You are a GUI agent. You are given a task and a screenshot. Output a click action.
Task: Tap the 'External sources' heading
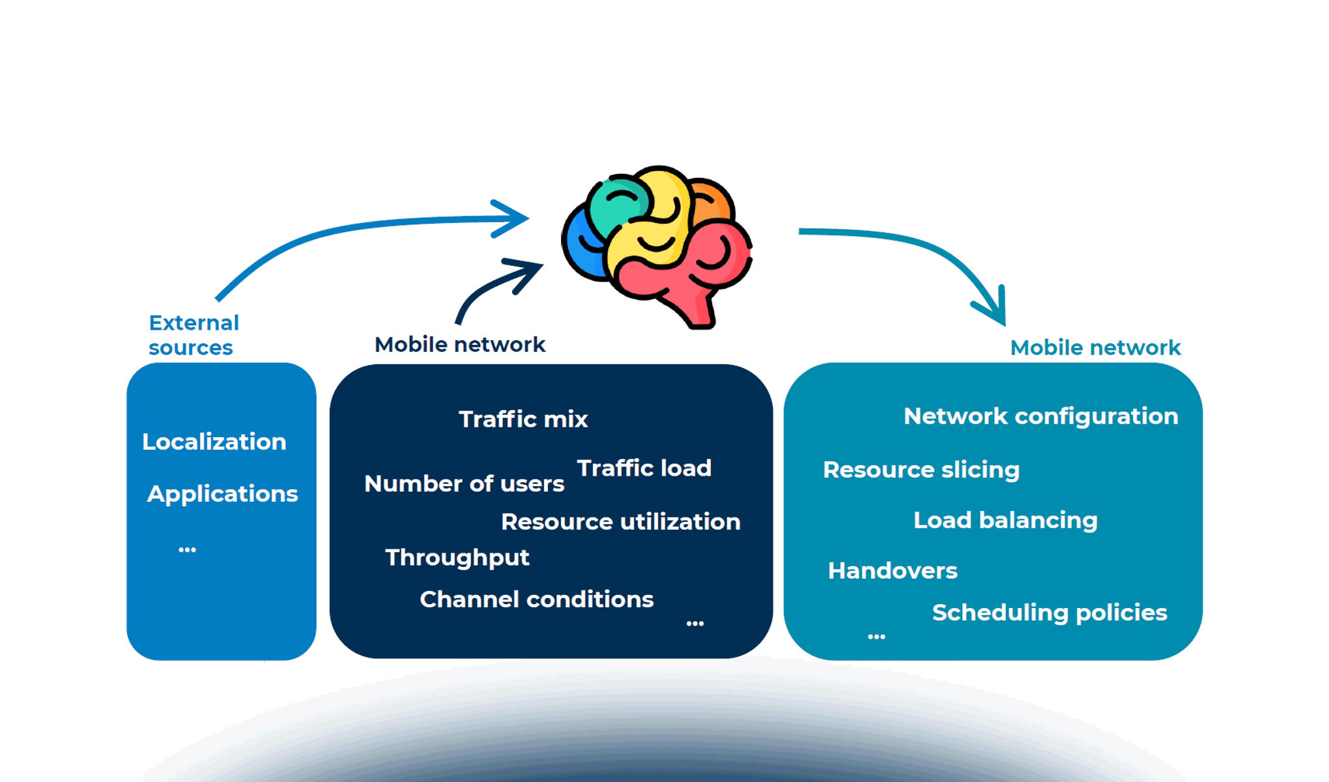[x=193, y=335]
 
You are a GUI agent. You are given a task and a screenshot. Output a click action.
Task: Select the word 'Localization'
[x=214, y=442]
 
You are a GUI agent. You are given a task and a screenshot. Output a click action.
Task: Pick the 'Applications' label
[x=222, y=494]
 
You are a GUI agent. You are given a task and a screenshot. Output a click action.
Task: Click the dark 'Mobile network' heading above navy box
[x=459, y=344]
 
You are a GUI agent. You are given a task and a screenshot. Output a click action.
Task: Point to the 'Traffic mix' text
[x=523, y=419]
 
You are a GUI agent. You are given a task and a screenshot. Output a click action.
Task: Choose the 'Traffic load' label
[x=644, y=468]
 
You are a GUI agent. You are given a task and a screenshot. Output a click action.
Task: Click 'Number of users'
[x=464, y=484]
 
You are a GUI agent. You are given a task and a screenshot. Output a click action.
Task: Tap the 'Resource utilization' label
[x=620, y=521]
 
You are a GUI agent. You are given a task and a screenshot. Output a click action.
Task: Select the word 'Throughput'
[x=457, y=558]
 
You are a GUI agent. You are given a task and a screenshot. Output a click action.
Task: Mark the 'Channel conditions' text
[x=536, y=600]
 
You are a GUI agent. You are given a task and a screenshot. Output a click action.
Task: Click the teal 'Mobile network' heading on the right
[x=1095, y=347]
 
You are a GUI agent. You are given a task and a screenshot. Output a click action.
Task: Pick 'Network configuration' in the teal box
[x=1040, y=416]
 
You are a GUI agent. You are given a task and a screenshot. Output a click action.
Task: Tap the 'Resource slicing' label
[x=921, y=470]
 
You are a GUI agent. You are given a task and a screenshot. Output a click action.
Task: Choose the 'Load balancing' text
[x=1005, y=520]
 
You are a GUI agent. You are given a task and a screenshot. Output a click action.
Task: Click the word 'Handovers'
[x=892, y=571]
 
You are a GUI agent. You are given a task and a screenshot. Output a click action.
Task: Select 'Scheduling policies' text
[x=1049, y=613]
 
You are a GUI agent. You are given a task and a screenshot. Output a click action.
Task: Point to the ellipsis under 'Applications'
[x=187, y=550]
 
